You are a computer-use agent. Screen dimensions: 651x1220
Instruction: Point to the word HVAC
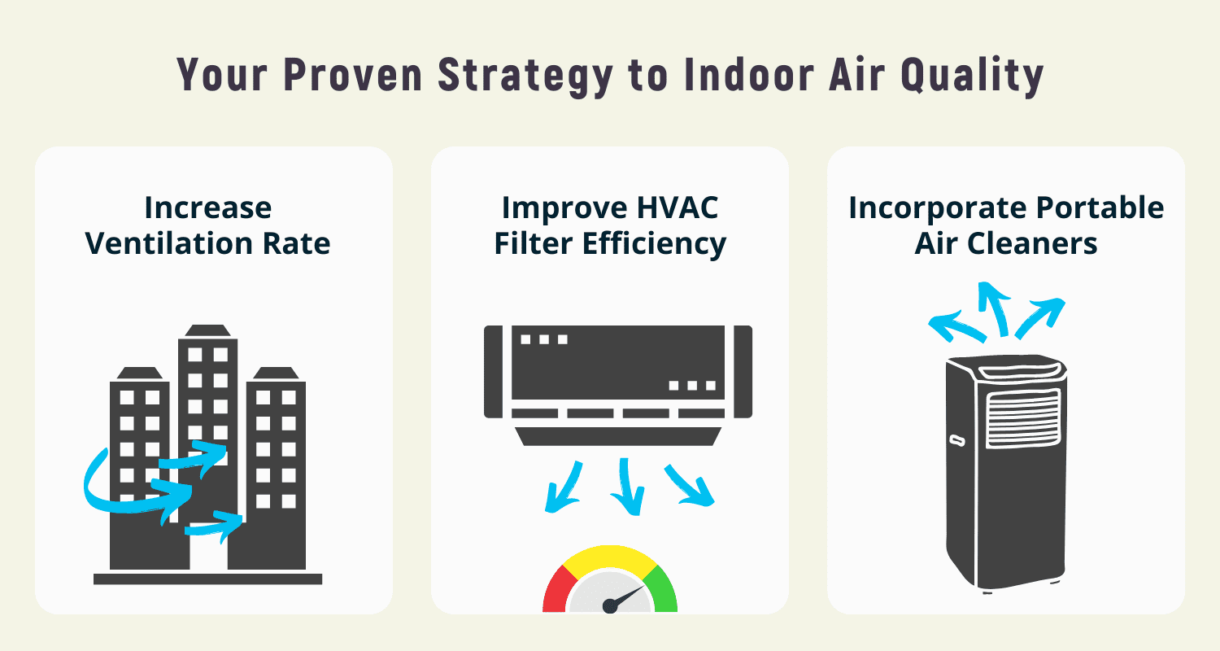(676, 208)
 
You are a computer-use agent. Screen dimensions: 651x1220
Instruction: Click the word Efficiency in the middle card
(655, 243)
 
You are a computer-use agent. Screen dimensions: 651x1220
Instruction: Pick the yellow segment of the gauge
(610, 558)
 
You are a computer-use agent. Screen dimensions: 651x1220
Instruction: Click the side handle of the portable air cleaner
(956, 440)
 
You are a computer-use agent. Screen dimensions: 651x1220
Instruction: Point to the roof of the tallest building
(208, 330)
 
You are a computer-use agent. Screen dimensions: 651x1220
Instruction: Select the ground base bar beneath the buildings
(208, 579)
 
